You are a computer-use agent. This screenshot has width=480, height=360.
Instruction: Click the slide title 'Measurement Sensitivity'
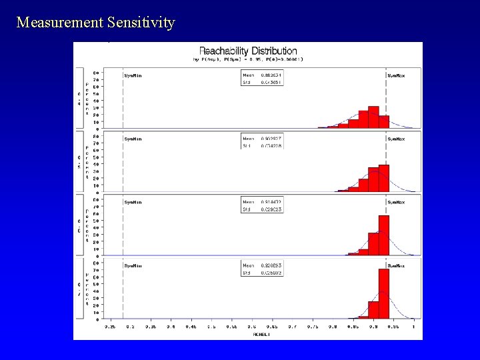coord(95,23)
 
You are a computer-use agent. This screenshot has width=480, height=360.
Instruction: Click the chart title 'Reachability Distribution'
coord(248,51)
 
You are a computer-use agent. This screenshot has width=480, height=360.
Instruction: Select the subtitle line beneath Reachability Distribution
coord(248,59)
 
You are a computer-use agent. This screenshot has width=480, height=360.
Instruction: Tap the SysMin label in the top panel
coord(133,75)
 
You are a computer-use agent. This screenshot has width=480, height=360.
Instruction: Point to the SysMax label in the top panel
coord(396,75)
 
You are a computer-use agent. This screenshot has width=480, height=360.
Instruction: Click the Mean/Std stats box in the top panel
coord(262,79)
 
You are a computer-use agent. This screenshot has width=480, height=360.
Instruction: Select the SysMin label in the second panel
coord(133,139)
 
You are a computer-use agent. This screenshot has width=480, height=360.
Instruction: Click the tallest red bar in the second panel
coord(383,178)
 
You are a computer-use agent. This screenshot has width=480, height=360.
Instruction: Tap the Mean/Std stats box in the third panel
coord(262,205)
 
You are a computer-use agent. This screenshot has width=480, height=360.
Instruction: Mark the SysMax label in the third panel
coord(396,201)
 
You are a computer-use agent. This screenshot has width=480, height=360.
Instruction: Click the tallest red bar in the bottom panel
coord(383,293)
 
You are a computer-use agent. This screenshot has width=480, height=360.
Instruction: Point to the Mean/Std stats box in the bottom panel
coord(262,269)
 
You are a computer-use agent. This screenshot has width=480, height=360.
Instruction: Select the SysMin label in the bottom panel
coord(133,265)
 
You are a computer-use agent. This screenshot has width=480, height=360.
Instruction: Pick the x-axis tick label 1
coord(413,327)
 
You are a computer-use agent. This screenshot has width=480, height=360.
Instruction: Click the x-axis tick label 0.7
coord(292,327)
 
